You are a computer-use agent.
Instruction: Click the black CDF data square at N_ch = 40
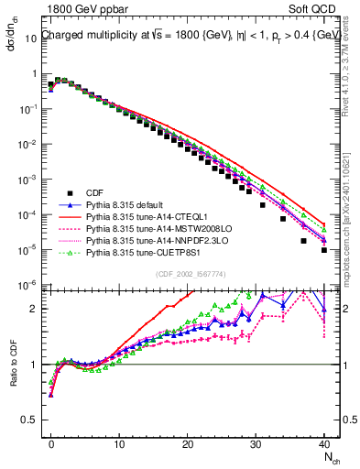pyautogui.click(x=324, y=249)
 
